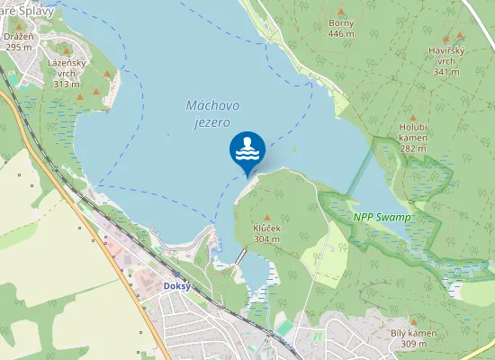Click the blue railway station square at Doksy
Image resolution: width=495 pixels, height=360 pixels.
click(x=177, y=274)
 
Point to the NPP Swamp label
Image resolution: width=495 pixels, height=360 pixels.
click(x=382, y=218)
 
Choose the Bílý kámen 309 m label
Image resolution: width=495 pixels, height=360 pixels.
click(x=413, y=338)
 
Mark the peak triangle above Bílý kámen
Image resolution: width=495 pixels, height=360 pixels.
click(x=413, y=321)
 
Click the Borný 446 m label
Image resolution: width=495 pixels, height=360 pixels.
click(x=341, y=28)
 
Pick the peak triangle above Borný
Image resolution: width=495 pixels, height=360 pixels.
click(x=341, y=11)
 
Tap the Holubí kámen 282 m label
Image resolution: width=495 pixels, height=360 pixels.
click(x=413, y=137)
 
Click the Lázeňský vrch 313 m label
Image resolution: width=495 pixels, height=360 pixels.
click(x=67, y=73)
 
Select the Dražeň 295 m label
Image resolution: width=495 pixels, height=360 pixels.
click(x=19, y=40)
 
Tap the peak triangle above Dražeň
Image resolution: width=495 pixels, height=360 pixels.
click(x=19, y=24)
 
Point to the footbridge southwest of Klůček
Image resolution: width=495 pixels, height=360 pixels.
click(x=239, y=256)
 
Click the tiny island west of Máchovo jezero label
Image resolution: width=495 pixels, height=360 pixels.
click(x=168, y=136)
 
